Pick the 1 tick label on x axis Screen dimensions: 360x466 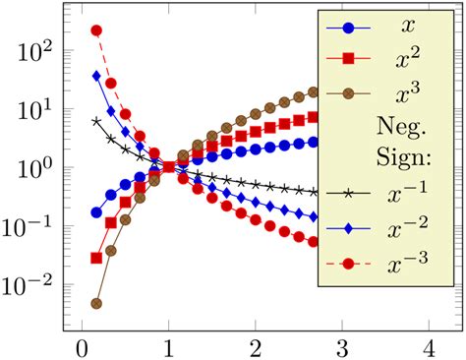pyautogui.click(x=168, y=348)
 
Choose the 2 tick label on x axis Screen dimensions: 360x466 pyautogui.click(x=255, y=348)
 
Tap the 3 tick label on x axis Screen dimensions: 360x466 pyautogui.click(x=341, y=348)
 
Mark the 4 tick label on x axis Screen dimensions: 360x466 pyautogui.click(x=428, y=348)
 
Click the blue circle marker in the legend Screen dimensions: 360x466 pyautogui.click(x=346, y=29)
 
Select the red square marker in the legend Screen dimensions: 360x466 pyautogui.click(x=346, y=60)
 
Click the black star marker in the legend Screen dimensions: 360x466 pyautogui.click(x=346, y=193)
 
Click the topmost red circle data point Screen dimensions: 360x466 pyautogui.click(x=96, y=30)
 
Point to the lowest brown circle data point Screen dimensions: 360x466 pyautogui.click(x=95, y=304)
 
